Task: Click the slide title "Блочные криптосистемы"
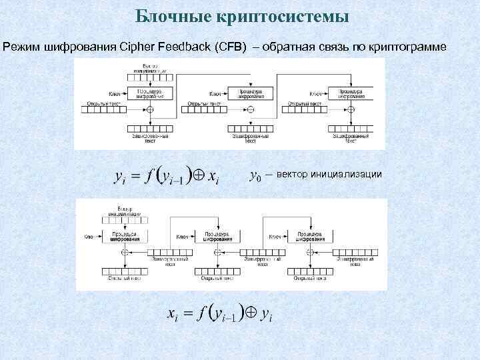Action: click(x=242, y=15)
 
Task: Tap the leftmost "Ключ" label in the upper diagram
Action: click(x=115, y=93)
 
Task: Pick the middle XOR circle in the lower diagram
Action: click(x=217, y=253)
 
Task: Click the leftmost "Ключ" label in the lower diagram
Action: click(x=89, y=237)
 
